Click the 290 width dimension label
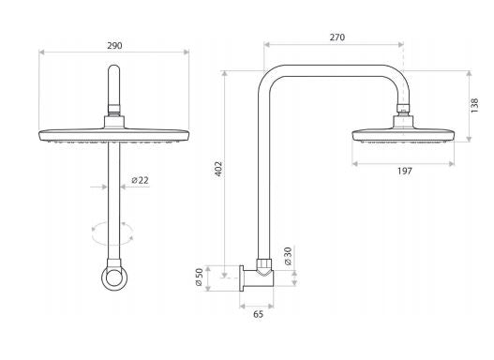pos(114,44)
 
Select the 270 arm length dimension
pos(336,37)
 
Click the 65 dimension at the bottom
pos(258,316)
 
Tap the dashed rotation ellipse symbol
pos(114,230)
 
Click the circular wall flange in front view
pos(114,278)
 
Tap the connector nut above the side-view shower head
pos(403,117)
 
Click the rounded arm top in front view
pos(114,75)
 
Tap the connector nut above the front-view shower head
pos(114,116)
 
